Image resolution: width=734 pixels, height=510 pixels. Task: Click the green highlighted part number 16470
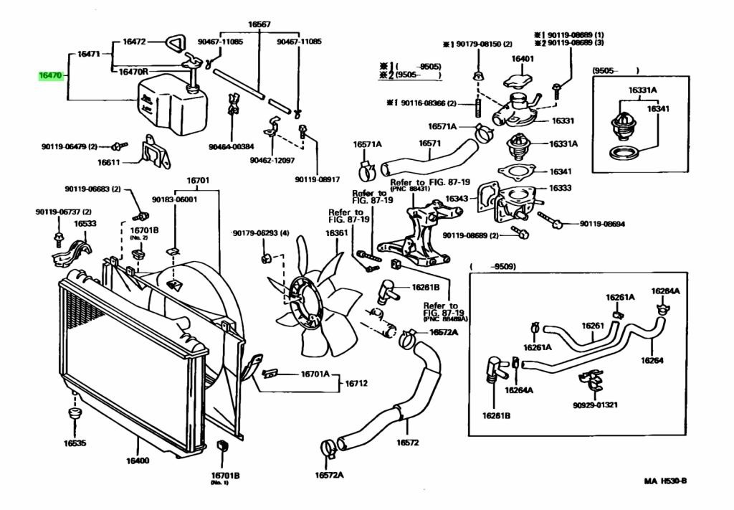pyautogui.click(x=52, y=75)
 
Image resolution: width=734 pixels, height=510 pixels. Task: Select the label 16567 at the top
pyautogui.click(x=259, y=24)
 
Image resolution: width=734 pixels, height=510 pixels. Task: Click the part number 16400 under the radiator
pyautogui.click(x=138, y=461)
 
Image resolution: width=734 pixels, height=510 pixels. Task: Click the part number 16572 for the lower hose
pyautogui.click(x=407, y=442)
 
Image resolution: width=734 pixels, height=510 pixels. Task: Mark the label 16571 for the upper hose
pyautogui.click(x=429, y=143)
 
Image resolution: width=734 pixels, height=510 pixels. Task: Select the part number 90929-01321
pyautogui.click(x=595, y=405)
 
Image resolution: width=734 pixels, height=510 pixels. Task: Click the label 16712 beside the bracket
pyautogui.click(x=356, y=383)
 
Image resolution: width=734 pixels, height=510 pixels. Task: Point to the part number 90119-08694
pyautogui.click(x=602, y=224)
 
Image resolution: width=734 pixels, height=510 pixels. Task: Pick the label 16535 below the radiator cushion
pyautogui.click(x=75, y=443)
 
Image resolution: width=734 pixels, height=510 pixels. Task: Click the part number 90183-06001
pyautogui.click(x=174, y=199)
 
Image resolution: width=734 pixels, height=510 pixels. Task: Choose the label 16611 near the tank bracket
pyautogui.click(x=109, y=163)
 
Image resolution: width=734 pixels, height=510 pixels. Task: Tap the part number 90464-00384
pyautogui.click(x=232, y=146)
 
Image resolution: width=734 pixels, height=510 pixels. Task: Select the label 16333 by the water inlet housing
pyautogui.click(x=560, y=188)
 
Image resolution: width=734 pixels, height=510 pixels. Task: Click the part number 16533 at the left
pyautogui.click(x=85, y=223)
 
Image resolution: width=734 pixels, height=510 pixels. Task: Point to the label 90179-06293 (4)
pyautogui.click(x=261, y=233)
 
